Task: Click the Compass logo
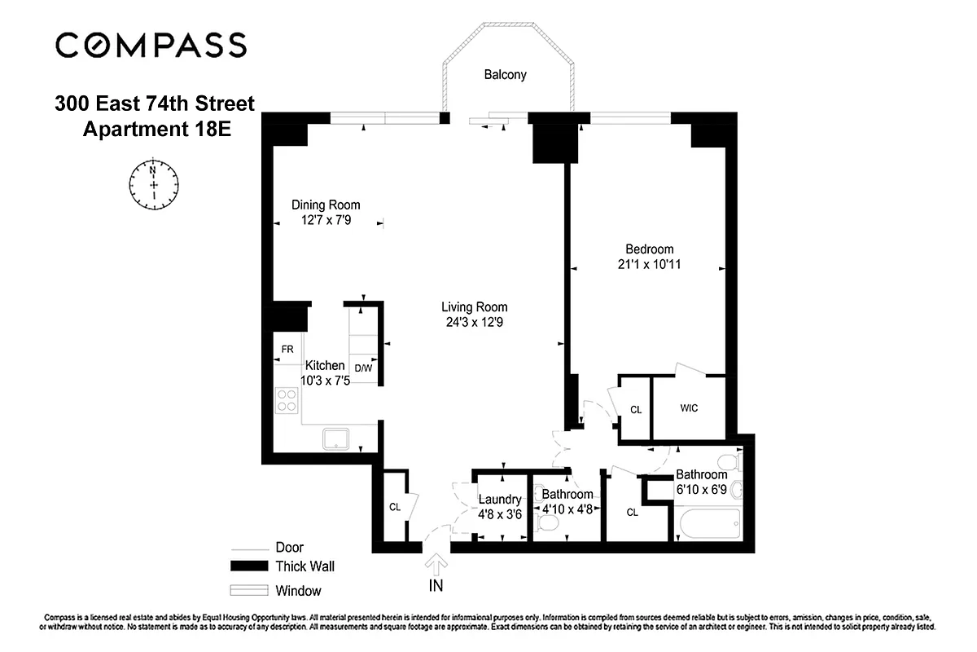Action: [x=151, y=45]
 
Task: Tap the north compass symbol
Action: [x=154, y=182]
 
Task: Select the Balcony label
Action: [x=505, y=75]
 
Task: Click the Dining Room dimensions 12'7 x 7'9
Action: [x=326, y=220]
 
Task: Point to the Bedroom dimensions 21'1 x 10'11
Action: [x=649, y=264]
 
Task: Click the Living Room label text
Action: [x=474, y=307]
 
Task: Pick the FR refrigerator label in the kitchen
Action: [x=287, y=350]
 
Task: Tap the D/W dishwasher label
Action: [x=363, y=368]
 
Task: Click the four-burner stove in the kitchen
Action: [x=287, y=400]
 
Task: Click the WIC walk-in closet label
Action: [x=689, y=408]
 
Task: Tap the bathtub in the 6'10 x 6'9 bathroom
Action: [x=708, y=523]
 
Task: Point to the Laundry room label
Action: [x=499, y=500]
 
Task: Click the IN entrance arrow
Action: [x=437, y=564]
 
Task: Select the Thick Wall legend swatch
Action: [x=248, y=566]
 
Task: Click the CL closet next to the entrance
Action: [x=395, y=507]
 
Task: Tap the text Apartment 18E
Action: [x=157, y=129]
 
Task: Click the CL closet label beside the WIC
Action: [x=636, y=410]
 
